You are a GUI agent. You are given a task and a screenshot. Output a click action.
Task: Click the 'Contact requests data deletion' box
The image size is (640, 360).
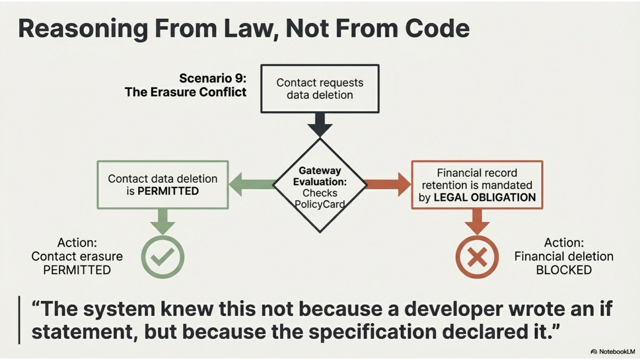[x=320, y=89]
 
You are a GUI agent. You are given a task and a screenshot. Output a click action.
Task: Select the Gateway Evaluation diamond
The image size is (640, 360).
[x=320, y=185]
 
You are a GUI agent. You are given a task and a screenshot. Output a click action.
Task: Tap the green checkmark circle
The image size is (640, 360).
[x=162, y=257]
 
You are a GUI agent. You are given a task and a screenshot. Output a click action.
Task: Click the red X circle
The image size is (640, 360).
[x=477, y=257]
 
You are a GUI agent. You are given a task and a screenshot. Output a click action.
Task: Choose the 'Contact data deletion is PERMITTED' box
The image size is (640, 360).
[x=162, y=185]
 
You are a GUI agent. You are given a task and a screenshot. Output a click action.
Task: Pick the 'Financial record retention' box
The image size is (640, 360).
[x=477, y=185]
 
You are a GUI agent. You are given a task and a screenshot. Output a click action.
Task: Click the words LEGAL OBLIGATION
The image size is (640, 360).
[x=485, y=197]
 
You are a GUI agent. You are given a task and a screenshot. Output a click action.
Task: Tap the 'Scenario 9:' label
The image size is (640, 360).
[x=213, y=78]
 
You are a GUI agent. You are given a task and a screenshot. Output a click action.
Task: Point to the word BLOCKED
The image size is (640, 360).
[x=563, y=270]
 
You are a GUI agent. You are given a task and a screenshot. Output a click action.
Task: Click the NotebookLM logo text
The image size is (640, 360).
[x=616, y=352]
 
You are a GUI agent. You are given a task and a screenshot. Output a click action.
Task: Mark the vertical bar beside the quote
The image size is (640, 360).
[x=19, y=320]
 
